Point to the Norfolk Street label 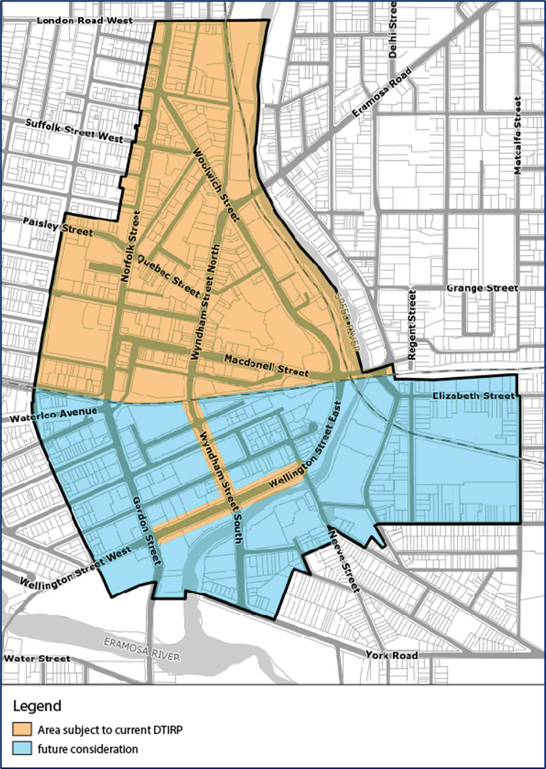coord(130,247)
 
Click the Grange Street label coord(482,288)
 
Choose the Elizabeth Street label coord(473,397)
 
